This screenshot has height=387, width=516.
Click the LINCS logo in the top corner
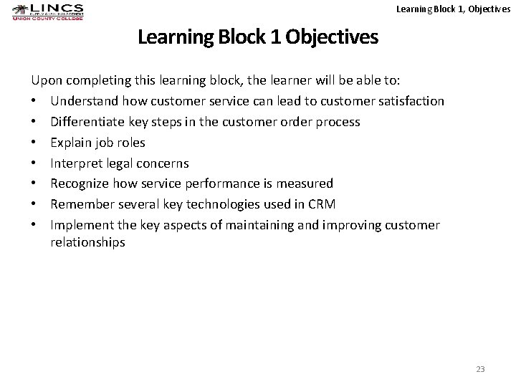pos(47,11)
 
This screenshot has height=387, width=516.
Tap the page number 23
pos(480,369)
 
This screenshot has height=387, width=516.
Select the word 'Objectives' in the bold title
pos(331,37)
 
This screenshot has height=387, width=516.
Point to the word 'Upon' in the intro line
pos(45,80)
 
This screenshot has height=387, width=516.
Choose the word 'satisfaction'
pos(408,101)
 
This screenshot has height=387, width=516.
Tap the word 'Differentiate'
pos(85,122)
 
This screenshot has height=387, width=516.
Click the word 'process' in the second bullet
pos(336,122)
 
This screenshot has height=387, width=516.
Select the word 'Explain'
pos(71,143)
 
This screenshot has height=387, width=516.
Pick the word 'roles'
pos(130,143)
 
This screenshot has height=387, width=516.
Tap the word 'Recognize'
pos(80,183)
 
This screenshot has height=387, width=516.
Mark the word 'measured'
pos(306,183)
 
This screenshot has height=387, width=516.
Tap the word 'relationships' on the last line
pos(87,242)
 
